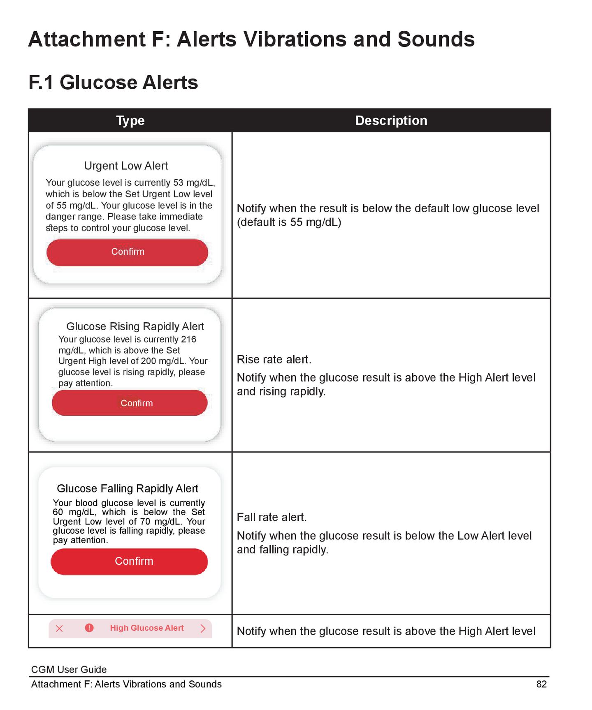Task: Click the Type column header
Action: pos(130,120)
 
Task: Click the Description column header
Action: pos(391,120)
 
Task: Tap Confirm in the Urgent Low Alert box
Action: pos(128,252)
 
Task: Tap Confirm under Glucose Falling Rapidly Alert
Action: pos(134,561)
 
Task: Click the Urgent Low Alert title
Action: pos(126,166)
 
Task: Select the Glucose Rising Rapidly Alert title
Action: pos(135,326)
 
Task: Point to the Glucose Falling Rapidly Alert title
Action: pos(127,488)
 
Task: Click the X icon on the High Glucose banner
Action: pos(59,628)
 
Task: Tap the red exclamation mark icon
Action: pos(89,628)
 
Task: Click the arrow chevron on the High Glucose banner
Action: pos(202,628)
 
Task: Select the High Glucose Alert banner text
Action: pos(146,628)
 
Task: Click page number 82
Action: pos(541,684)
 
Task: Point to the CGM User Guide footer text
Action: pos(69,669)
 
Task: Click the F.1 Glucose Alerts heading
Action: pos(113,82)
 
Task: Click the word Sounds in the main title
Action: pos(436,39)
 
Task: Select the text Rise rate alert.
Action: pos(274,359)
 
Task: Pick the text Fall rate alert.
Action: pos(272,517)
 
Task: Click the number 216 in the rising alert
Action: pos(188,339)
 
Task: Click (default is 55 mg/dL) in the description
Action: pos(289,222)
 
